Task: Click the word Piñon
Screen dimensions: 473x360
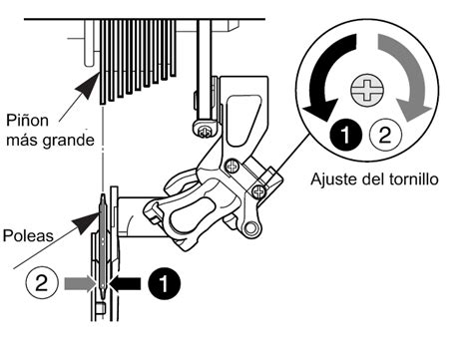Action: pyautogui.click(x=27, y=120)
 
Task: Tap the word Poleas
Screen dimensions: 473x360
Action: pyautogui.click(x=28, y=235)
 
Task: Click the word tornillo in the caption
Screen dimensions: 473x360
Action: pyautogui.click(x=412, y=180)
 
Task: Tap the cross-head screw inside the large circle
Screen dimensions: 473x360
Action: pyautogui.click(x=367, y=90)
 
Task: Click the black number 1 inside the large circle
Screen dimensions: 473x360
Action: pyautogui.click(x=346, y=135)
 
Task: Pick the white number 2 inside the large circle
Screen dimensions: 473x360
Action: pyautogui.click(x=385, y=135)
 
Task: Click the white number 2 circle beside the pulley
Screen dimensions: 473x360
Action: pyautogui.click(x=42, y=283)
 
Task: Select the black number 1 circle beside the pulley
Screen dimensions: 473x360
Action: pyautogui.click(x=164, y=283)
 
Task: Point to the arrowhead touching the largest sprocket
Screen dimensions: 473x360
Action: pyautogui.click(x=88, y=86)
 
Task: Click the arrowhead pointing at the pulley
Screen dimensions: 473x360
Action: pyautogui.click(x=87, y=222)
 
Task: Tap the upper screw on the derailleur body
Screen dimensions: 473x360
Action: pyautogui.click(x=233, y=166)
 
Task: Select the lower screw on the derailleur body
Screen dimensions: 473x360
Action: pyautogui.click(x=258, y=191)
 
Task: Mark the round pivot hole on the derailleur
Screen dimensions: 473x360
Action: pyautogui.click(x=251, y=228)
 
